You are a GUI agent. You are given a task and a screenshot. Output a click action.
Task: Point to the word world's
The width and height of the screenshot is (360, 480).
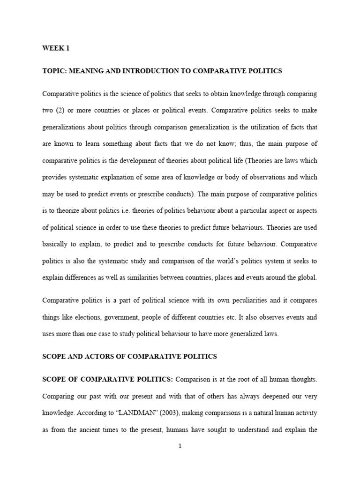tap(217, 261)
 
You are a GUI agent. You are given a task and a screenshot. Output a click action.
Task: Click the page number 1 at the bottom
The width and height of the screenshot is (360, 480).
tap(180, 446)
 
